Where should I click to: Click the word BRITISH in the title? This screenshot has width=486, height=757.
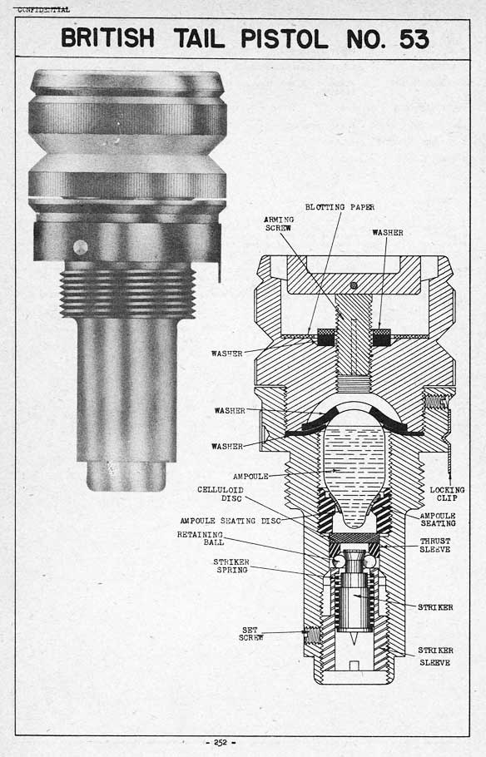tap(107, 38)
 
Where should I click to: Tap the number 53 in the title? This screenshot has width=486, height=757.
tap(414, 39)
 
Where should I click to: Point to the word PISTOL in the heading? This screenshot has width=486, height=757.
tap(284, 38)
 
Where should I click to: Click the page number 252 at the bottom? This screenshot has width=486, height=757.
tap(221, 743)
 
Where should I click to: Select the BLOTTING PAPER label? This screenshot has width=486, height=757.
tap(340, 207)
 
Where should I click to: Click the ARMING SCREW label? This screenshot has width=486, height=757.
tap(279, 224)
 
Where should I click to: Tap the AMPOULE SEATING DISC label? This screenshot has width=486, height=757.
tap(231, 521)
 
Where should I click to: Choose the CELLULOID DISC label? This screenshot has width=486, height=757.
tap(221, 494)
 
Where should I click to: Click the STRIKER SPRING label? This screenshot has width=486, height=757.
tap(231, 566)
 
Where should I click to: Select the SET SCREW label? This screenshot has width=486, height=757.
tap(250, 633)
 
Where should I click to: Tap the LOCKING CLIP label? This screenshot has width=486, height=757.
tap(447, 493)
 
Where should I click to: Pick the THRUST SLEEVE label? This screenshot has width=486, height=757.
tap(434, 545)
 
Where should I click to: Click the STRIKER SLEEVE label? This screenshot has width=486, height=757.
tap(435, 656)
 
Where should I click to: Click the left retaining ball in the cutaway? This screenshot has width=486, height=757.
tap(338, 561)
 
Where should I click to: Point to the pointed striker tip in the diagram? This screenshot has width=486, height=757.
tap(355, 641)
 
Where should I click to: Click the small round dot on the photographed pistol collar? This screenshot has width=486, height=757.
tap(80, 247)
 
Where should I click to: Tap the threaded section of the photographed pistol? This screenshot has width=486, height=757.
tap(127, 293)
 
